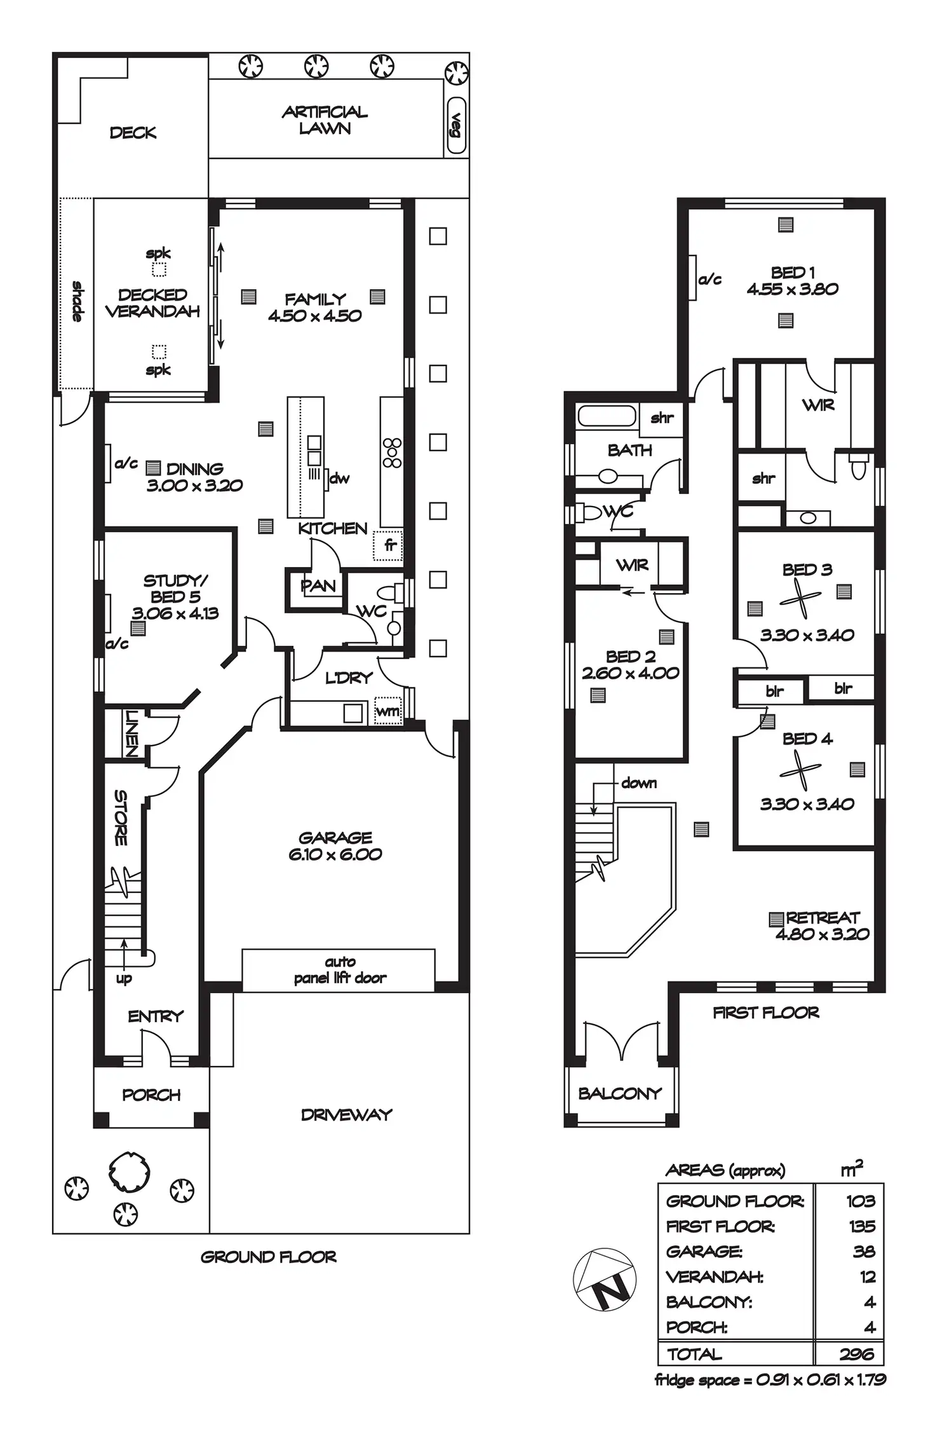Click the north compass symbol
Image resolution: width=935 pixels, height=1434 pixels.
(604, 1279)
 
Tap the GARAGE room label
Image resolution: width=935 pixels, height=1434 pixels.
(335, 838)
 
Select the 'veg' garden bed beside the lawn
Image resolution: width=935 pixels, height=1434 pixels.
(456, 126)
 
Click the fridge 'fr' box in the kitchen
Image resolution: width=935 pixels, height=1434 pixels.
(387, 545)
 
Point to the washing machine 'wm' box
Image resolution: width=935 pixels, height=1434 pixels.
(388, 712)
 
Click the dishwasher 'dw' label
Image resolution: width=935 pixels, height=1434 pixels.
(339, 479)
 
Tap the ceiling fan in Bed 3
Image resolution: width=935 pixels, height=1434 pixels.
(801, 598)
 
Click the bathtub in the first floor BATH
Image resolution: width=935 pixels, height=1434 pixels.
(607, 416)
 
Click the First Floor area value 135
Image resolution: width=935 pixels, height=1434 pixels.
(862, 1226)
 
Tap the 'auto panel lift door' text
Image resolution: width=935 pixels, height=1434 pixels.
(340, 970)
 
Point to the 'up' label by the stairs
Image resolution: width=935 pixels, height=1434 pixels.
(124, 979)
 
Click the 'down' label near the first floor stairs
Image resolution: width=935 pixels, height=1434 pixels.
(639, 783)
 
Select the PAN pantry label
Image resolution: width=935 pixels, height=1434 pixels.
(318, 585)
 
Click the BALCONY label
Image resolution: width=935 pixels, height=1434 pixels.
(620, 1093)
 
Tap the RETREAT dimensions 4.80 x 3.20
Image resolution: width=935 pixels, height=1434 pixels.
(823, 934)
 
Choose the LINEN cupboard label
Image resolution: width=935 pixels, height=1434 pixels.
(131, 733)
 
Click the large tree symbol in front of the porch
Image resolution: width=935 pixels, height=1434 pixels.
(130, 1170)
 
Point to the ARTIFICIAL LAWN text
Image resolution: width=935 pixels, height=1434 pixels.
(325, 120)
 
